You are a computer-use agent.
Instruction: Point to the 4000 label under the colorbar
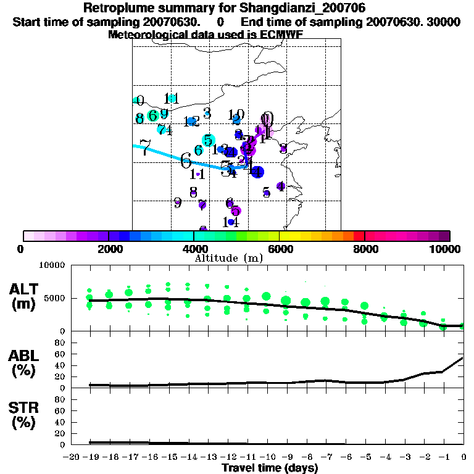pos(194,249)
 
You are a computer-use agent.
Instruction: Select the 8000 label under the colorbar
pos(365,249)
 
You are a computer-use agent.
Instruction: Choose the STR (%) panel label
pos(25,415)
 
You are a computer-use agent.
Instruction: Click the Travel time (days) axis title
pos(270,468)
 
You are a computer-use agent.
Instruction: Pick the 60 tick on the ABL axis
pos(60,354)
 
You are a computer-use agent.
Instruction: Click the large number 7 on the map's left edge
pos(145,148)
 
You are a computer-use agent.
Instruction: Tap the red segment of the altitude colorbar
pos(359,236)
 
